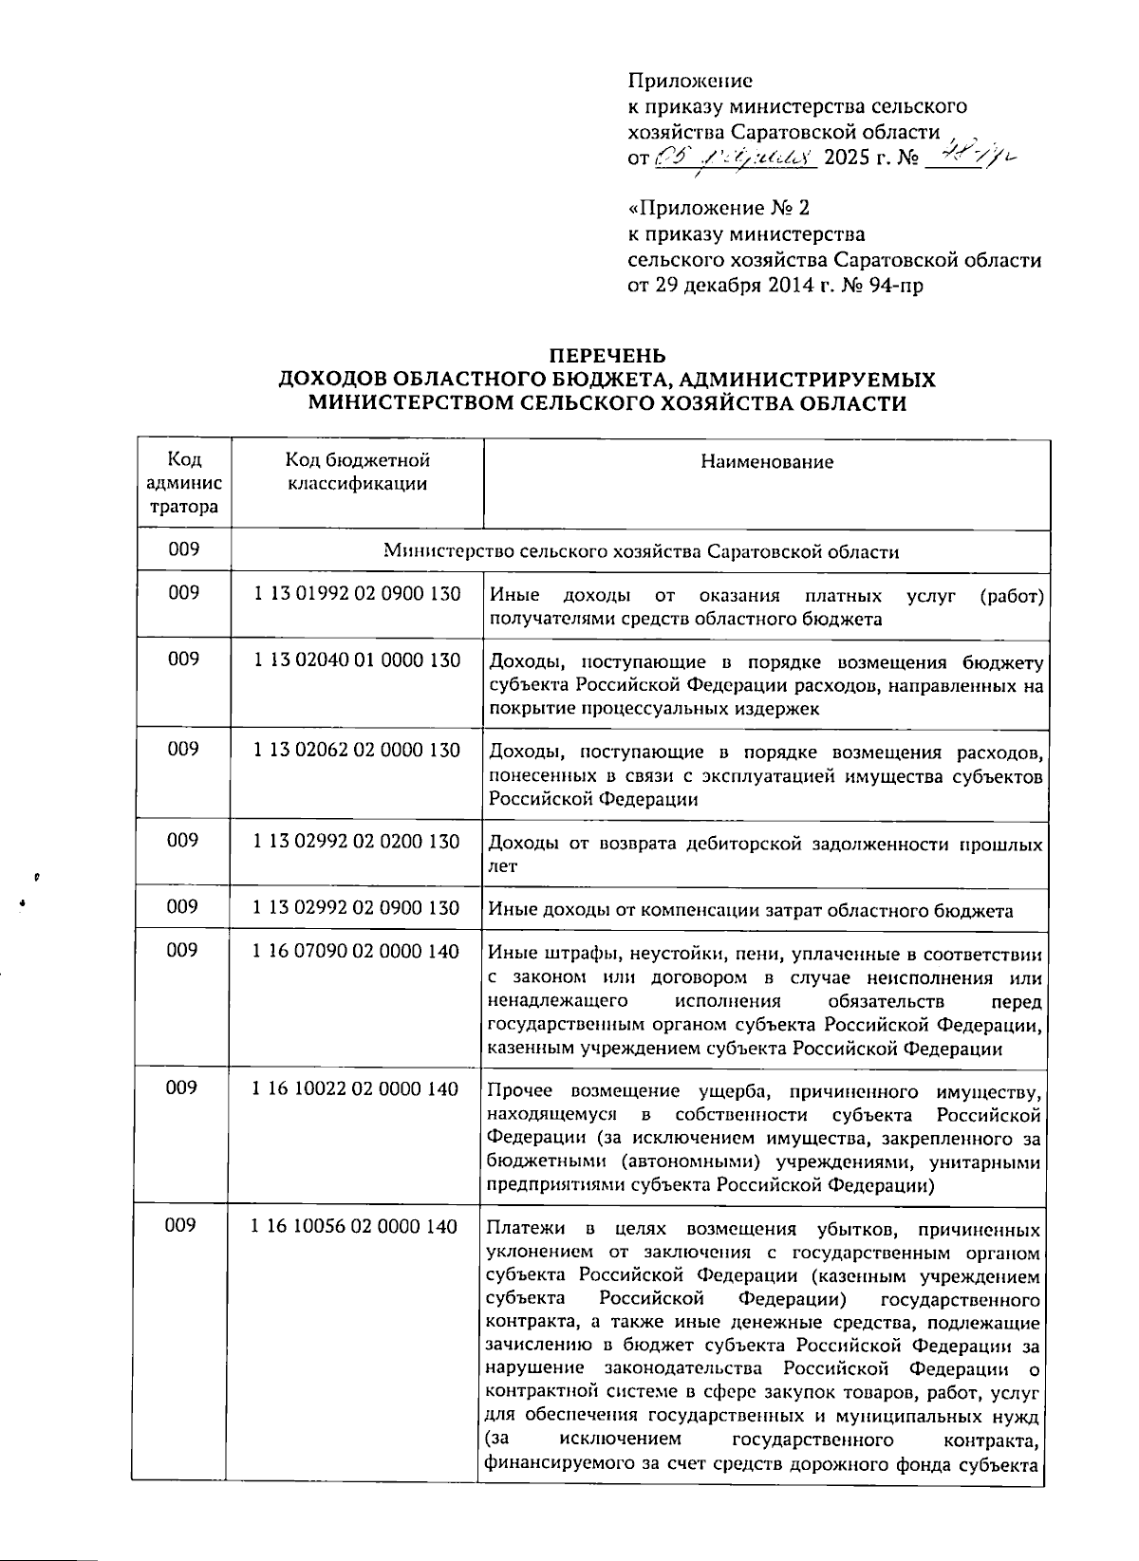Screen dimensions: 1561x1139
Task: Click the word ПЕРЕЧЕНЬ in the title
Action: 608,356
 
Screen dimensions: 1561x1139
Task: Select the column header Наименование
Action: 767,462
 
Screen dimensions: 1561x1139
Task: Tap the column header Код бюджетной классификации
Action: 357,472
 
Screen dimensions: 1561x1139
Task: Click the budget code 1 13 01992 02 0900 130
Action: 357,595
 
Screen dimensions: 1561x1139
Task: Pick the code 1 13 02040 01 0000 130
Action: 357,660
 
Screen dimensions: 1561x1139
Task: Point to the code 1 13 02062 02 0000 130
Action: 357,751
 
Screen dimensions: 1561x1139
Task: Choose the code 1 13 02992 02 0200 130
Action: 357,842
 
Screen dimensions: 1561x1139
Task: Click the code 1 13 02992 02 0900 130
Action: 357,908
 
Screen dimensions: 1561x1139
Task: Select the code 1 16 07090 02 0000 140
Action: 356,951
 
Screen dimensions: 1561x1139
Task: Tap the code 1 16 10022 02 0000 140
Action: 356,1088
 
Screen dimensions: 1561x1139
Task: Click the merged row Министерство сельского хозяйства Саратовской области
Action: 641,551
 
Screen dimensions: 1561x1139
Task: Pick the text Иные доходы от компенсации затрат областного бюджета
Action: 750,911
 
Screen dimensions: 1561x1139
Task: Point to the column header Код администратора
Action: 184,483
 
